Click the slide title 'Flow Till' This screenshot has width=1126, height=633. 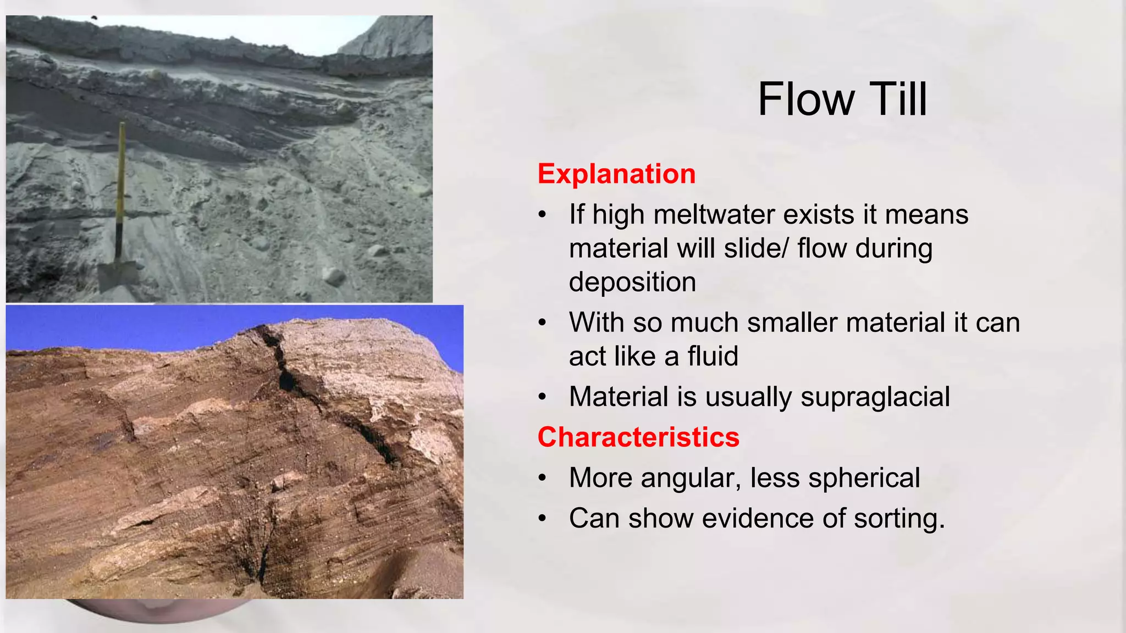tap(842, 99)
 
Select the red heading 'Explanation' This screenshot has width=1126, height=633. tap(616, 174)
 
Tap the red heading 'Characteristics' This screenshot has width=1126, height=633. tap(638, 437)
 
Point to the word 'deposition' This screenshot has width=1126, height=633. tap(632, 282)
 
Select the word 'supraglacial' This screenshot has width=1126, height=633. tap(875, 397)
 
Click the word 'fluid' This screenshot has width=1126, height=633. tap(713, 357)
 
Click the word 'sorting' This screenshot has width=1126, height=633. tap(898, 519)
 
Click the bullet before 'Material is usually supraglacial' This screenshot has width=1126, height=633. tap(543, 397)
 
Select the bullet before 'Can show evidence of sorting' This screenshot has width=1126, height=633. tap(543, 519)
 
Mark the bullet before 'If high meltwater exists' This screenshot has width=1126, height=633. tap(543, 215)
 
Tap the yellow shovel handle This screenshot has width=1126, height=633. tap(121, 176)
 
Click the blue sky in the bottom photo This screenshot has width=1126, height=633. tap(110, 327)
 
